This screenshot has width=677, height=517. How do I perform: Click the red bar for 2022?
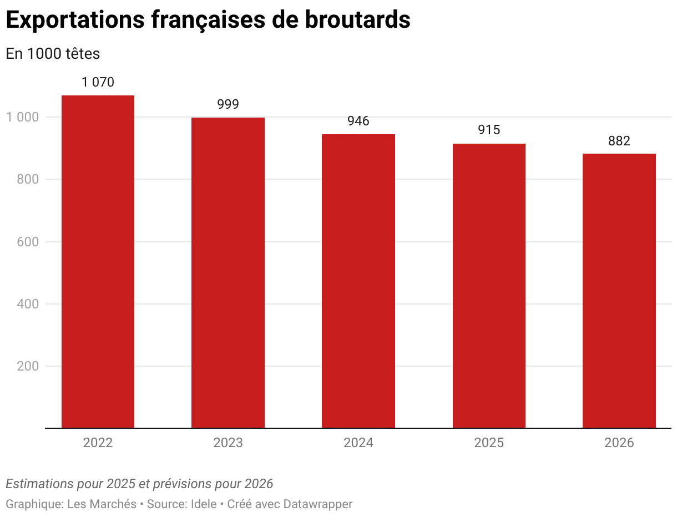pos(98,261)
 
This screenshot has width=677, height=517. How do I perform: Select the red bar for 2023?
pos(228,272)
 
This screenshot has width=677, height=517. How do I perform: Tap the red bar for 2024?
pos(358,281)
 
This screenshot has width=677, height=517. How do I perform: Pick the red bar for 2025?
pos(489,286)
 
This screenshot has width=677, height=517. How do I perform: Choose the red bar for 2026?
pos(619,291)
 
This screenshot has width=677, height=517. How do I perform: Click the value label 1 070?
pos(98,83)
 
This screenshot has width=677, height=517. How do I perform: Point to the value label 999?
pos(228,104)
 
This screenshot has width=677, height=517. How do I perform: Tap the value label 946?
pos(358,121)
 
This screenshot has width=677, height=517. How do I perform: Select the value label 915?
pos(489,130)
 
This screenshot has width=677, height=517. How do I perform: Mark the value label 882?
pos(619,141)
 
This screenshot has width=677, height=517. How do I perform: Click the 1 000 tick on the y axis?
pos(22,117)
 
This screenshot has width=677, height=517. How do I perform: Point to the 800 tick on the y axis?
pos(27,179)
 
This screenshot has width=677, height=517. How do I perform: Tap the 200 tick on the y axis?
pos(27,366)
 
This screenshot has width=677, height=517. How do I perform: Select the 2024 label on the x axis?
pos(358,443)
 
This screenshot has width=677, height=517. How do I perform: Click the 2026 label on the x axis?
pos(619,443)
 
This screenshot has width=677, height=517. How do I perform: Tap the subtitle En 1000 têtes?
pos(53,54)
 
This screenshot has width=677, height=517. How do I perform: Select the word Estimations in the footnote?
pos(39,484)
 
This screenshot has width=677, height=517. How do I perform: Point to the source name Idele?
pos(203,504)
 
